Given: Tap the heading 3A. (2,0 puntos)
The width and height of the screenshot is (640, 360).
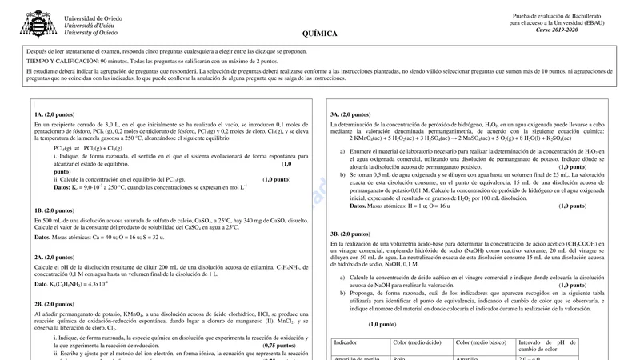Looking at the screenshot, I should click(x=350, y=114).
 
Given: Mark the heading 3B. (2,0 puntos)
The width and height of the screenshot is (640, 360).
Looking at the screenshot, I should click(x=350, y=234).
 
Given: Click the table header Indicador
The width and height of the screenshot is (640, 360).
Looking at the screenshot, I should click(x=346, y=342).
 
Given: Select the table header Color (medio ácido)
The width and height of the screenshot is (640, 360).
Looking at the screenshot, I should click(x=418, y=342).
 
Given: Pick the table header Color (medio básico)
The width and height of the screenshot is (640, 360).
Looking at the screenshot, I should click(x=482, y=342).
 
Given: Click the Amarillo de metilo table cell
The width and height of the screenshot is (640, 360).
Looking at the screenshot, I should click(x=356, y=358).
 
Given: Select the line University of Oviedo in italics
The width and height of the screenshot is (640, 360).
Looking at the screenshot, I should click(x=90, y=33).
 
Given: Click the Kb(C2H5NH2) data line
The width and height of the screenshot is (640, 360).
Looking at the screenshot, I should click(x=71, y=284).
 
